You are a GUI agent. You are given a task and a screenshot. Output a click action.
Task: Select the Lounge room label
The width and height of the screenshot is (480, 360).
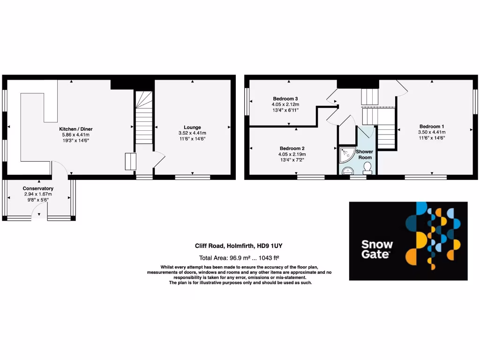pyautogui.click(x=192, y=127)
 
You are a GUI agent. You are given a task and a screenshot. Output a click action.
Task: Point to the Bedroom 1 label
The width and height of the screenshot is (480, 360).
pyautogui.click(x=432, y=126)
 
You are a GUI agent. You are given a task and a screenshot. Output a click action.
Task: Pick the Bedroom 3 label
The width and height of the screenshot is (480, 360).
pyautogui.click(x=285, y=98)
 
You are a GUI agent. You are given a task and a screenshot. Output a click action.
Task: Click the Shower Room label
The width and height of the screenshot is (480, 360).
pyautogui.click(x=364, y=155)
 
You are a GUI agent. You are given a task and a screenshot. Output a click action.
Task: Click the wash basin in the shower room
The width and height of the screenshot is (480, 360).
pyautogui.click(x=347, y=171)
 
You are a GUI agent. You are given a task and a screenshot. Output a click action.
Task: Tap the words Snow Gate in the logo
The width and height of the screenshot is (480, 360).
pyautogui.click(x=377, y=249)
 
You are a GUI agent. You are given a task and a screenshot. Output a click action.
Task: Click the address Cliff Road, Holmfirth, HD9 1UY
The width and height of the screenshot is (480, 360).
pyautogui.click(x=239, y=246)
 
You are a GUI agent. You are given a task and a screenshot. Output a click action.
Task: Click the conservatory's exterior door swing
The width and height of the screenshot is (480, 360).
pyautogui.click(x=39, y=214)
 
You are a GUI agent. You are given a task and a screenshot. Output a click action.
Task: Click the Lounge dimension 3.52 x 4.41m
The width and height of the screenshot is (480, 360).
pyautogui.click(x=192, y=133)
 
